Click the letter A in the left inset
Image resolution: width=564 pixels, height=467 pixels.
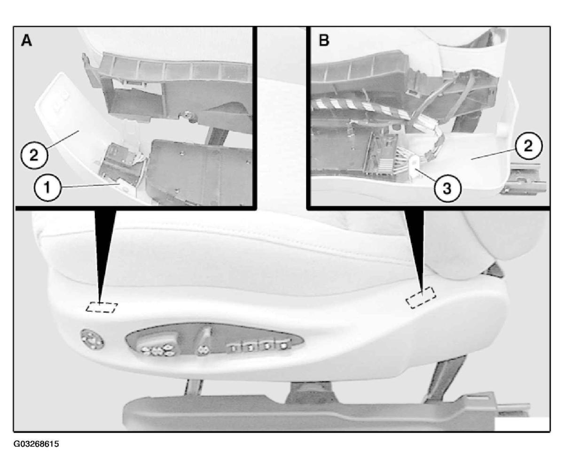coord(26,41)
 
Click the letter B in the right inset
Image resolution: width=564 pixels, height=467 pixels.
coord(324,40)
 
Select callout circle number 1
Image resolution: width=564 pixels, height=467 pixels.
coord(47,188)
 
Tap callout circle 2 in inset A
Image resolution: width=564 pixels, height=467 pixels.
coord(34,156)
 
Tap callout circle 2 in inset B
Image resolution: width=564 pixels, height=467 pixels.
coord(528,146)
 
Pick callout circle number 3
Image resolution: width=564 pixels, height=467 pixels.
coord(447,188)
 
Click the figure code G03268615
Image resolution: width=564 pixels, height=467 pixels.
coord(36,444)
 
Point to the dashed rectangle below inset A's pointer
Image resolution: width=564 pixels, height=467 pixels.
coord(102,307)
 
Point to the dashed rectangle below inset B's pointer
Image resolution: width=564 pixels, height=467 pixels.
coord(421,298)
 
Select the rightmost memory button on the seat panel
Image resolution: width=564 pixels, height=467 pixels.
coord(283,346)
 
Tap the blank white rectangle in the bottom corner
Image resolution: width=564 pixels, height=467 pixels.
coord(522,424)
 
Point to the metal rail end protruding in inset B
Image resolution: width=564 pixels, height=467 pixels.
coord(523,179)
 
